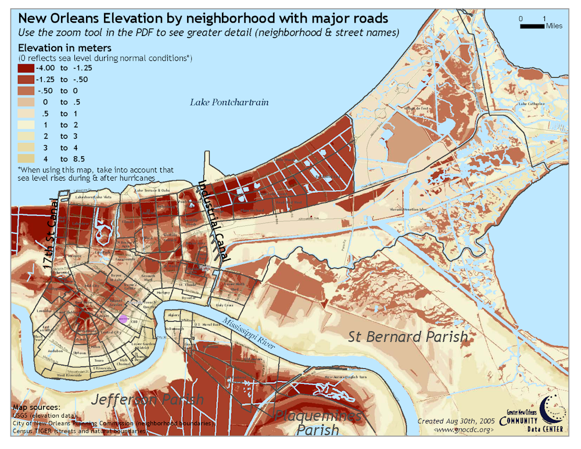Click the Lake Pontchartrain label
(229, 102)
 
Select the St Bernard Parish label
(408, 336)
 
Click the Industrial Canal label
(214, 220)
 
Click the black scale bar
(532, 26)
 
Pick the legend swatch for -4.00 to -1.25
(26, 68)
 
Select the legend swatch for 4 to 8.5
(26, 158)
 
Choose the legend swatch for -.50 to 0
(26, 91)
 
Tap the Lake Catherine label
(531, 104)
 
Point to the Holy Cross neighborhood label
(224, 304)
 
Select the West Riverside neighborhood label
(70, 375)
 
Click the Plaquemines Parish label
(317, 423)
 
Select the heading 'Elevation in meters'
(65, 48)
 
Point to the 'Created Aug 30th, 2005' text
(456, 421)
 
